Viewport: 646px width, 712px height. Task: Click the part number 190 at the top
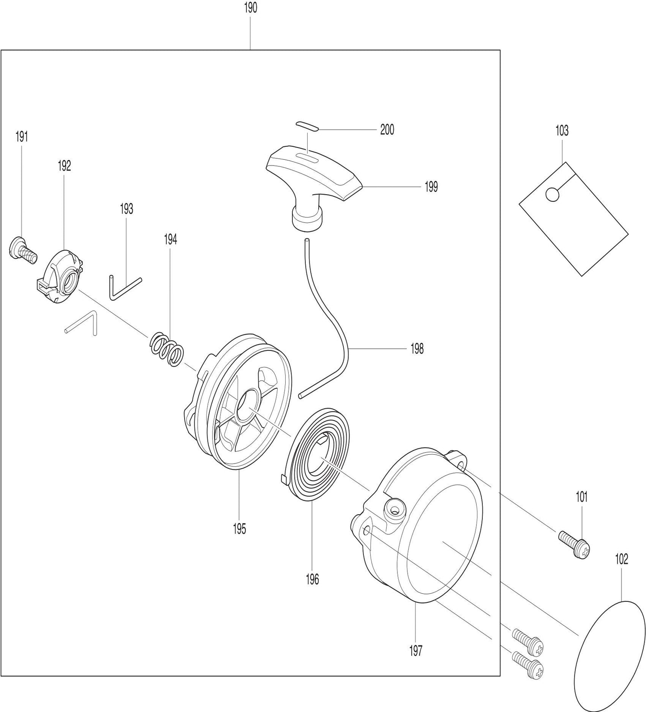[250, 8]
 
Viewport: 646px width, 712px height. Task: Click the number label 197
[415, 651]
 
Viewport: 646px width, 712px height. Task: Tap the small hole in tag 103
[553, 195]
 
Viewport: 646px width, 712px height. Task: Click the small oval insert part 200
[307, 126]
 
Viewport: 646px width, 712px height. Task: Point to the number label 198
[417, 349]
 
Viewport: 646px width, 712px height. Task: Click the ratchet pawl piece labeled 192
[61, 278]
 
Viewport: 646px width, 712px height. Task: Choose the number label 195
[239, 529]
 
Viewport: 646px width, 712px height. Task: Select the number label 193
[127, 209]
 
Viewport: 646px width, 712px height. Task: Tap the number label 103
[562, 131]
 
